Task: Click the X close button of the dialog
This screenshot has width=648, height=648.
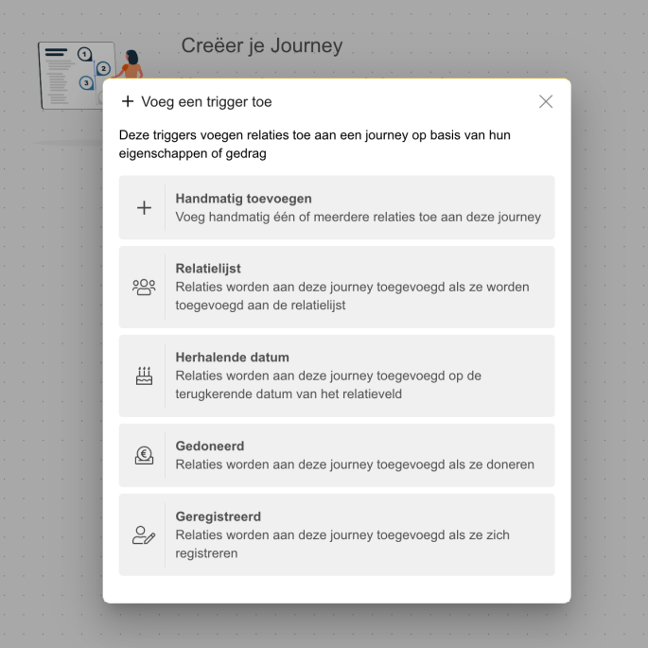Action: point(546,101)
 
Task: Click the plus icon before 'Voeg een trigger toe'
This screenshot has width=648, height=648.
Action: point(128,101)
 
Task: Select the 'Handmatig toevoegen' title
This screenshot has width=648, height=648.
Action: point(243,199)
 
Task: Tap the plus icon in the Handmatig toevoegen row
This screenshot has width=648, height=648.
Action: point(144,208)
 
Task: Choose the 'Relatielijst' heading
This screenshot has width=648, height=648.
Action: point(208,269)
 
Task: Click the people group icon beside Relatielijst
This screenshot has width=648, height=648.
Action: point(144,287)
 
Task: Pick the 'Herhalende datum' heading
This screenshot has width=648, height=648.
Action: point(232,358)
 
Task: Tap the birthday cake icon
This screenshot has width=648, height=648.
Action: point(144,376)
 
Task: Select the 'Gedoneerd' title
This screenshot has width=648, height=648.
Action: point(210,447)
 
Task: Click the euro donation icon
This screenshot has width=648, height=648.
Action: point(144,455)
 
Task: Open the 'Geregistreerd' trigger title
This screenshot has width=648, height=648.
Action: point(218,517)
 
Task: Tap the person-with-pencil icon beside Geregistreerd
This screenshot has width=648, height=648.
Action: point(144,534)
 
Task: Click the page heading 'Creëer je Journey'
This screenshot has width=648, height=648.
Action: point(261,45)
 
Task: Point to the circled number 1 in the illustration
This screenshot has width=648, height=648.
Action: point(85,54)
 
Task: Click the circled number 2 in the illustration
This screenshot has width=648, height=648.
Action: point(103,68)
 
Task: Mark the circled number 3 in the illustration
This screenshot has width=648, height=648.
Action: point(86,83)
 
